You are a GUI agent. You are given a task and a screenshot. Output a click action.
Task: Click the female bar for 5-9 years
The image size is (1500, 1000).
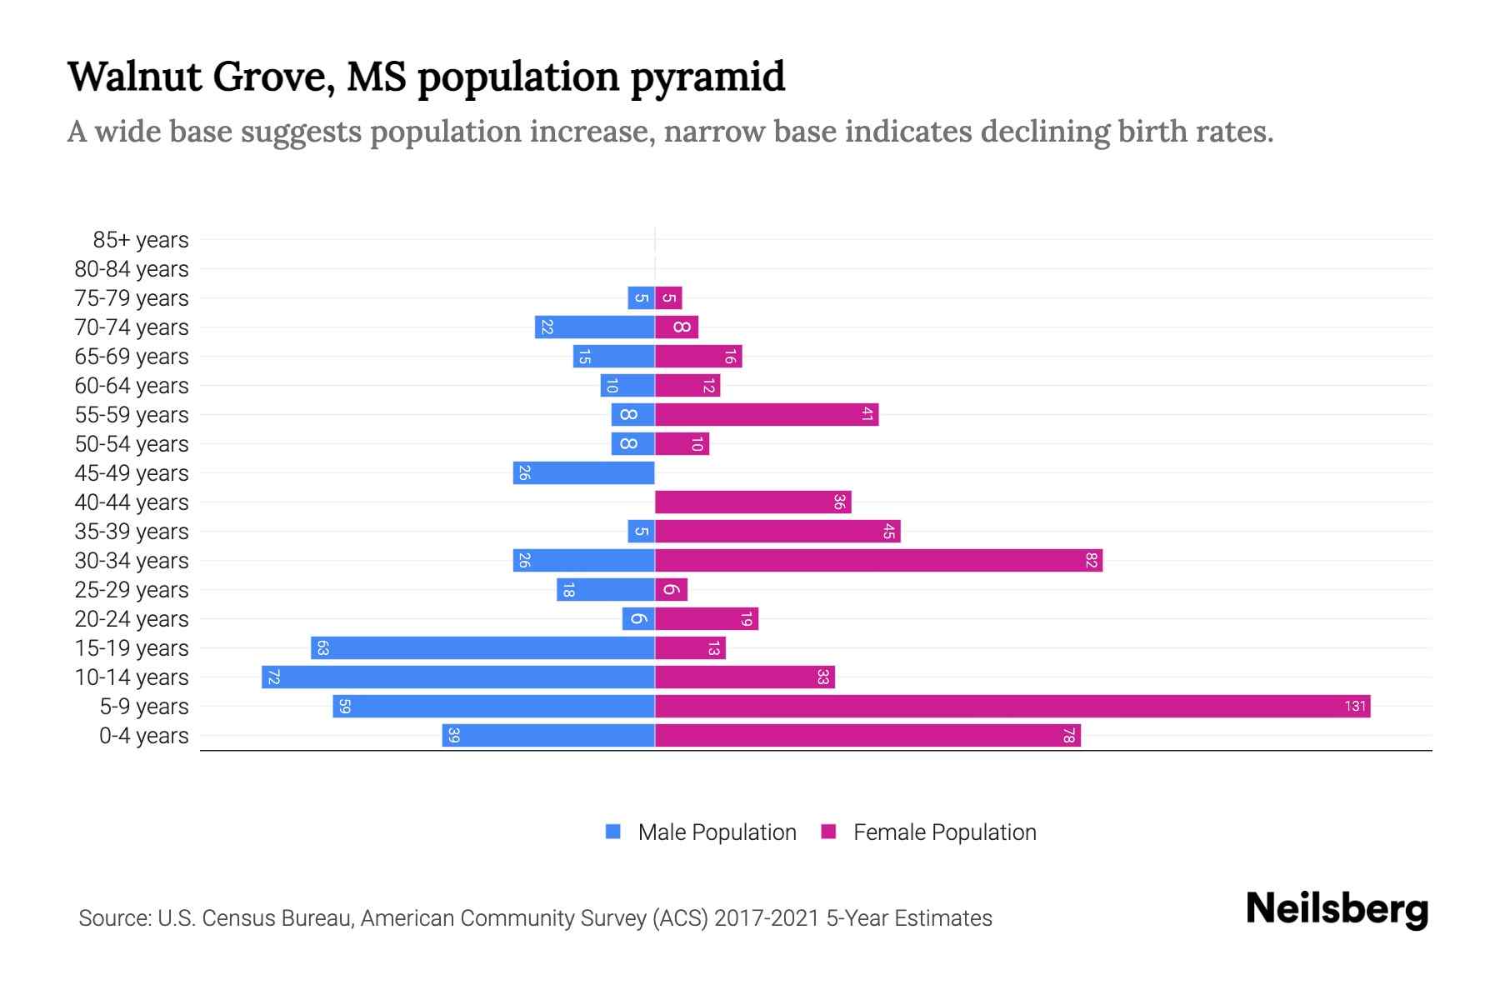coord(1012,707)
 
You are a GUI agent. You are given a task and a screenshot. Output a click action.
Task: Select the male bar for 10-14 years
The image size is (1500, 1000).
coord(458,677)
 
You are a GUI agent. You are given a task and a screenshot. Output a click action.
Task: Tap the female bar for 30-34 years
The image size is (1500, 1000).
coord(878,561)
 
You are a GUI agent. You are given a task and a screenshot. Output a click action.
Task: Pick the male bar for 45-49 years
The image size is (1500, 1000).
coord(583,473)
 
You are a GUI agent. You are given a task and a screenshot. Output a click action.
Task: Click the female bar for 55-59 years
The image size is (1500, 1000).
coord(767,415)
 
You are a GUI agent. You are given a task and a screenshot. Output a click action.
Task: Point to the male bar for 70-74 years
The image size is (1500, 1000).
coord(594,327)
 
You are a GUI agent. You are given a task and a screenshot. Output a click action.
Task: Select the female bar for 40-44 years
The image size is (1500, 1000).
coord(753,502)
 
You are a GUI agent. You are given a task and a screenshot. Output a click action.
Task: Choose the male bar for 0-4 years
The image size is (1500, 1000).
coord(548,736)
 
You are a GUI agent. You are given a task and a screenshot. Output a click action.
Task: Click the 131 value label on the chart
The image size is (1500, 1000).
coord(1355,707)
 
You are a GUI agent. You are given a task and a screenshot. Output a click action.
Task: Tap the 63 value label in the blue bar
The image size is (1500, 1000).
coord(323,648)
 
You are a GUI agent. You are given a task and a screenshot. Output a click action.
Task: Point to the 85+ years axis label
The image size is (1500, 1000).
coord(141,240)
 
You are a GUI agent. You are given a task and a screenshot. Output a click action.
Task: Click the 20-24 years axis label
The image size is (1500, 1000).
coord(132,619)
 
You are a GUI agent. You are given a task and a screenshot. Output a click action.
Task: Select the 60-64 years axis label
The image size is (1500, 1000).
coord(132,386)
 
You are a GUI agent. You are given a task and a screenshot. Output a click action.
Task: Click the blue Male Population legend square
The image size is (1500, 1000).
coord(613,832)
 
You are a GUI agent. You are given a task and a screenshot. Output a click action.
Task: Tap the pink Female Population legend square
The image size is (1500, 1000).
coord(828,832)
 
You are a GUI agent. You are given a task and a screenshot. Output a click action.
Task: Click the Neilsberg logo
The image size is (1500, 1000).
coord(1337,909)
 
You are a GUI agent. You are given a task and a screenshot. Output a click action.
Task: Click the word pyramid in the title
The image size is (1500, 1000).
coord(707,77)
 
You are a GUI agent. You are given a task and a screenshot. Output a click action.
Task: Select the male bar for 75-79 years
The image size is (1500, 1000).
coord(641,298)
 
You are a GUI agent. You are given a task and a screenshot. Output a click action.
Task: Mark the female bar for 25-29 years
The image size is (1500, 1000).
coord(671,590)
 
